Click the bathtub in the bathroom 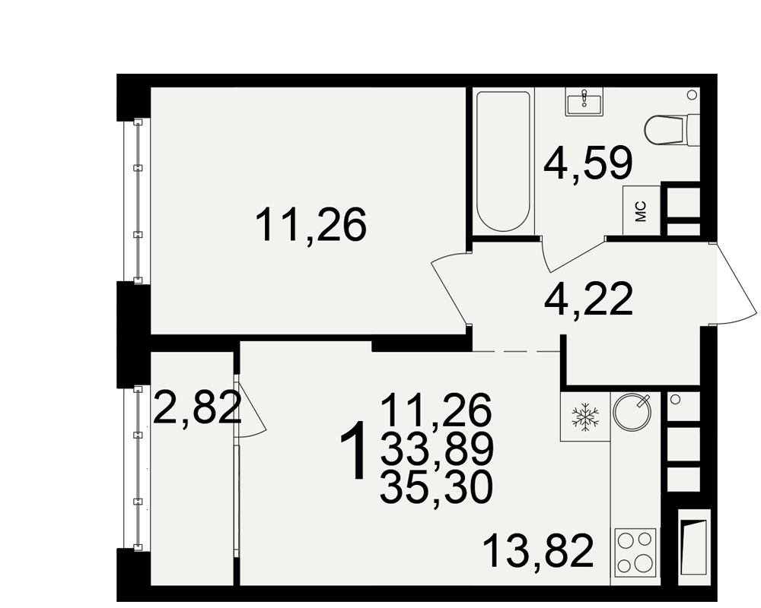pyautogui.click(x=503, y=161)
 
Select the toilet pyautogui.click(x=672, y=129)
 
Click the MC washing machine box pyautogui.click(x=642, y=211)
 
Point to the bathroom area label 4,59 pyautogui.click(x=588, y=163)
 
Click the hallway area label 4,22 pyautogui.click(x=589, y=299)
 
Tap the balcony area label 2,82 pyautogui.click(x=197, y=408)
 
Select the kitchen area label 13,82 pyautogui.click(x=538, y=550)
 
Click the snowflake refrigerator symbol pyautogui.click(x=586, y=416)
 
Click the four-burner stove pyautogui.click(x=635, y=552)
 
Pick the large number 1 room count pyautogui.click(x=353, y=450)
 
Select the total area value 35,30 pyautogui.click(x=436, y=487)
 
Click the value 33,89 pyautogui.click(x=437, y=448)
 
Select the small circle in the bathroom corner pyautogui.click(x=692, y=94)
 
